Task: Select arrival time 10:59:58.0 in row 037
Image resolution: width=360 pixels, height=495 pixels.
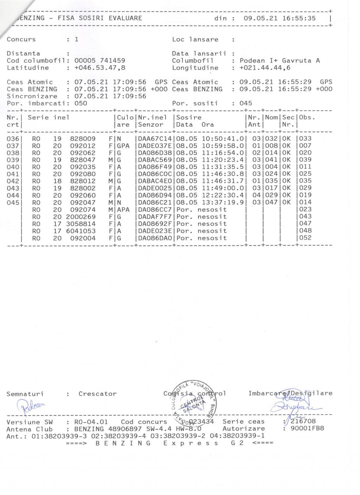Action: pos(223,146)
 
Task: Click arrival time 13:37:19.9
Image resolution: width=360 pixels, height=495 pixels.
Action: pos(223,202)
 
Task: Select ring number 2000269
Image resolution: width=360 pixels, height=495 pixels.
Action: pos(81,217)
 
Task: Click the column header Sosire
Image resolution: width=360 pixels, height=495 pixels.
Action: pos(189,117)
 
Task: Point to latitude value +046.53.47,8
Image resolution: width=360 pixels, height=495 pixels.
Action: pos(99,68)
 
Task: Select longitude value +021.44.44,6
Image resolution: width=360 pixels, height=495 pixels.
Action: pos(265,68)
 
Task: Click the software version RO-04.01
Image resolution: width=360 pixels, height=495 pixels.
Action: pos(91,422)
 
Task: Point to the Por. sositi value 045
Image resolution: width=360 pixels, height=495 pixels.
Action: pos(246,103)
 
